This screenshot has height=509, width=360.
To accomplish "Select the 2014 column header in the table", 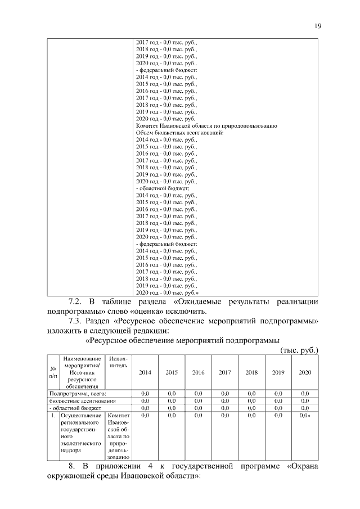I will [145, 372].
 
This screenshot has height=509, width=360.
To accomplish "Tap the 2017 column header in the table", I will [224, 372].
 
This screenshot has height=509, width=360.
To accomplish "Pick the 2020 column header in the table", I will [305, 372].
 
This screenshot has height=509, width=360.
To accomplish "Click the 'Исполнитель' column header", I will [118, 362].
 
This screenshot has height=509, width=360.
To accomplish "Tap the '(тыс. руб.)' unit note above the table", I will [299, 350].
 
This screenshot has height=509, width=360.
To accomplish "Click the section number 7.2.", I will [76, 302].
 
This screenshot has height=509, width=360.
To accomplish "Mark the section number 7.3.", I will [76, 321].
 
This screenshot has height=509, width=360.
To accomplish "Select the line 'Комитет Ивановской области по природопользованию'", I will [206, 126].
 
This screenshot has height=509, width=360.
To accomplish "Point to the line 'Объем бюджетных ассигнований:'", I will [180, 133].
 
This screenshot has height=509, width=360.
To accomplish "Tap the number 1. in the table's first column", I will [52, 415].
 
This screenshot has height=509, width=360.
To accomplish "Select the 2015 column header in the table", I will [172, 372].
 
